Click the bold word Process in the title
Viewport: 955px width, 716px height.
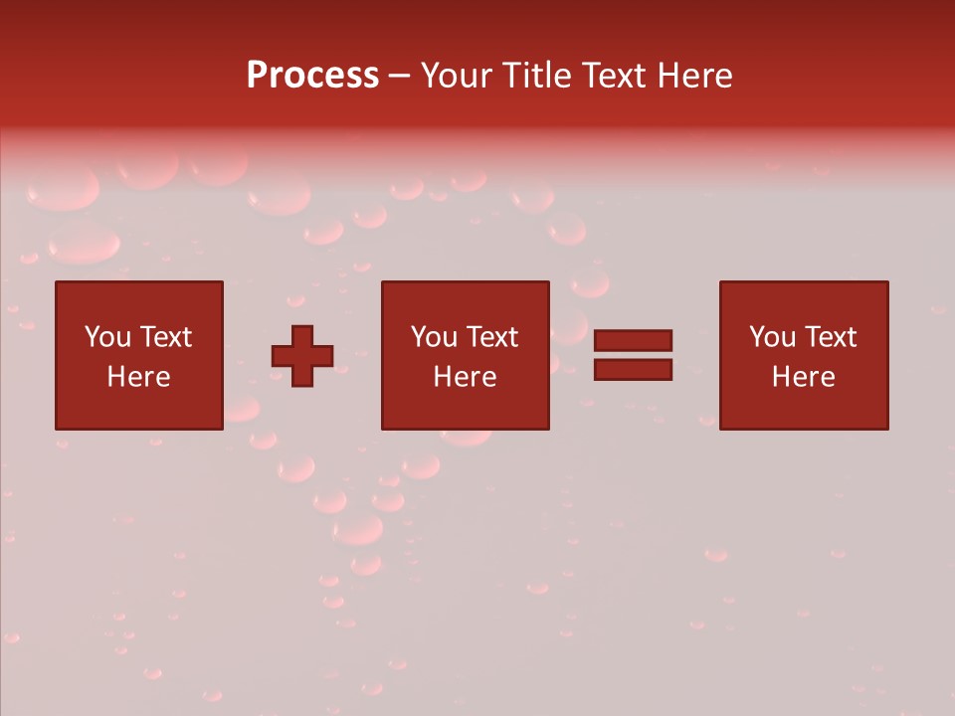click(x=312, y=76)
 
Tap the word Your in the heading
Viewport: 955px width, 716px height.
click(x=459, y=76)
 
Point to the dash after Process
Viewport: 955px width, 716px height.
click(x=399, y=76)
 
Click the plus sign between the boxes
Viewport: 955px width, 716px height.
click(x=302, y=355)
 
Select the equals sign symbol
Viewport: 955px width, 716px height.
click(x=633, y=355)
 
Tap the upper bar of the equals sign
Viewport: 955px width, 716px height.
click(x=633, y=341)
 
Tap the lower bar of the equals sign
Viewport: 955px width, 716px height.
click(x=633, y=370)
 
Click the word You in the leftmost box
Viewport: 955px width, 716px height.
click(x=107, y=337)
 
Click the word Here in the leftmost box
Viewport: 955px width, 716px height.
click(x=139, y=377)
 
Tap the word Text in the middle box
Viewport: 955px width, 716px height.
click(x=491, y=337)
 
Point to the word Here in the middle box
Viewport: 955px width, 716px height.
click(x=466, y=377)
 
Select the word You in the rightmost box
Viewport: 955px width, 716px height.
click(x=772, y=337)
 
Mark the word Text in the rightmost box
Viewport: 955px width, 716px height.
click(x=830, y=337)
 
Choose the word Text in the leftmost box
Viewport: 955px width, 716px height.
click(x=165, y=337)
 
